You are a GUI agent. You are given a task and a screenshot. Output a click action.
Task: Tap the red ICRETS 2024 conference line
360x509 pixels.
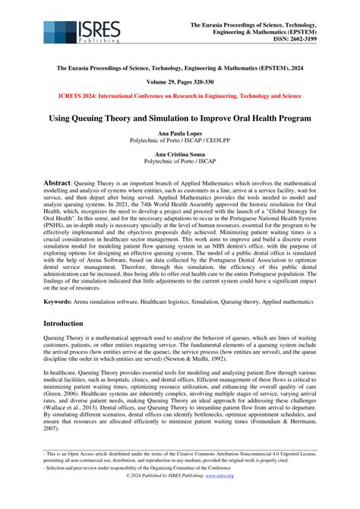(179, 96)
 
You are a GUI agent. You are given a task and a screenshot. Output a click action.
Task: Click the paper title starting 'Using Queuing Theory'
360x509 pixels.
(179, 119)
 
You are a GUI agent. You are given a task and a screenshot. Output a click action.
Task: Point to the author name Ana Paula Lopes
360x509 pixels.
(179, 133)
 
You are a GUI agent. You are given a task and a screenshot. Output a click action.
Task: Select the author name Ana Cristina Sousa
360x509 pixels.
(179, 155)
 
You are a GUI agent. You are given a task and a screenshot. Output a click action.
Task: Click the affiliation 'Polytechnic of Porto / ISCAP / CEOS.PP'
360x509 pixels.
(179, 141)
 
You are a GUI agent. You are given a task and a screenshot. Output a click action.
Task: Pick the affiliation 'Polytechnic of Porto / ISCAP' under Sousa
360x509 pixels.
(179, 163)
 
